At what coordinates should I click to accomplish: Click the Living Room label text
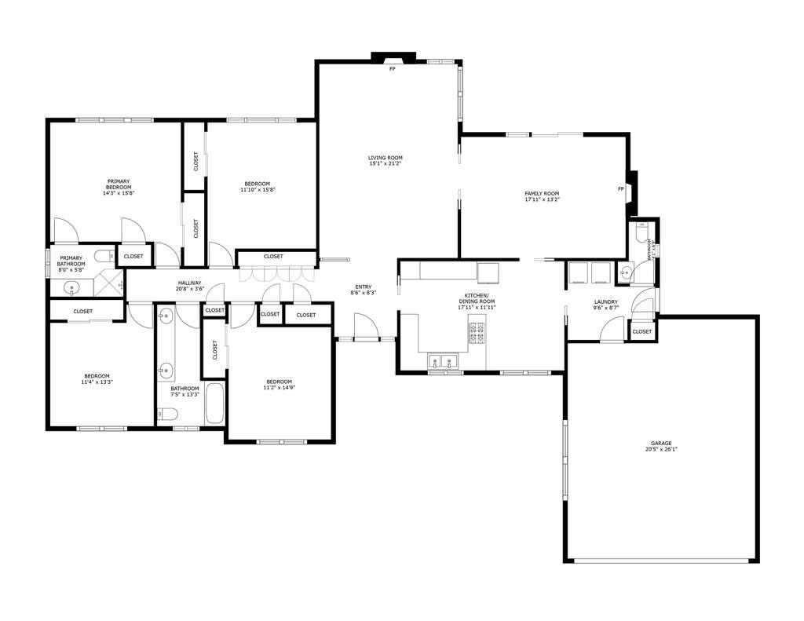385,158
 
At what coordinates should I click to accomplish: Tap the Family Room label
542,193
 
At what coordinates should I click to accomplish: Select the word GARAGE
660,444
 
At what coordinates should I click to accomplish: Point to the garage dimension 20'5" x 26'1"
660,450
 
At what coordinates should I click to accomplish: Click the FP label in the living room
393,69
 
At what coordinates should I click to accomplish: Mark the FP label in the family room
620,189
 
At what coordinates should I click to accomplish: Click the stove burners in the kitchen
477,333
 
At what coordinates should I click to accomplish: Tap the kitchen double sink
443,362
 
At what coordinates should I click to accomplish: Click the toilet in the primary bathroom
102,255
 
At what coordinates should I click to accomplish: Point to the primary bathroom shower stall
110,284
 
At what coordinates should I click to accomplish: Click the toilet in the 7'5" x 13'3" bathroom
169,415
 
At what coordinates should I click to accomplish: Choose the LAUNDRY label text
605,302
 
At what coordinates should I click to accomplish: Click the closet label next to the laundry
641,331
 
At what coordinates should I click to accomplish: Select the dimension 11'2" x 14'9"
278,388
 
